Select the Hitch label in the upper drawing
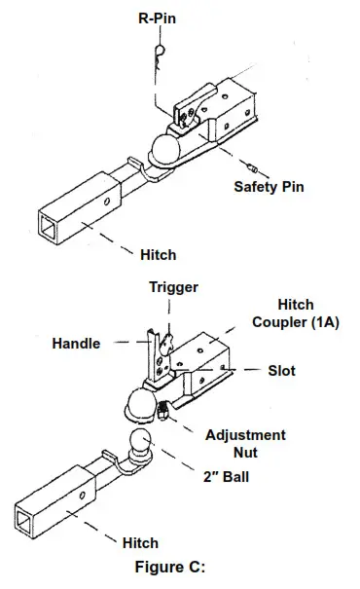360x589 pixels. pos(158,254)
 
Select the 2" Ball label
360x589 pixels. pos(226,478)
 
